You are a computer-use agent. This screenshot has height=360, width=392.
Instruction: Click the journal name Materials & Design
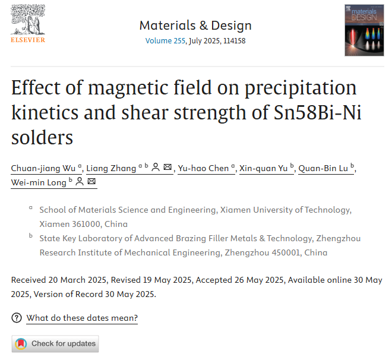coord(195,26)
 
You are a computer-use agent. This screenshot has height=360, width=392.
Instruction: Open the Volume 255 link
coord(165,41)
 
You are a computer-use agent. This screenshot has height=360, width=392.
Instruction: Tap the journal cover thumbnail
coord(364,31)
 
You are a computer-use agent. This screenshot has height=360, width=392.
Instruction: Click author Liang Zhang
coord(111,168)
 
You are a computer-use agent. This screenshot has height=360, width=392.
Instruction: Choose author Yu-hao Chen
coord(203,168)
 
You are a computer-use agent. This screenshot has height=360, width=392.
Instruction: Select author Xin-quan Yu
coord(263,168)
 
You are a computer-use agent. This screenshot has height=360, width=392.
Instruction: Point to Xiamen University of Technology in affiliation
coord(286,210)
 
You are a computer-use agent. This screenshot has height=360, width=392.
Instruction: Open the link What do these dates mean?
coord(82,318)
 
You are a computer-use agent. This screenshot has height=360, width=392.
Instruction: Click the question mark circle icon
coord(17,318)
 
